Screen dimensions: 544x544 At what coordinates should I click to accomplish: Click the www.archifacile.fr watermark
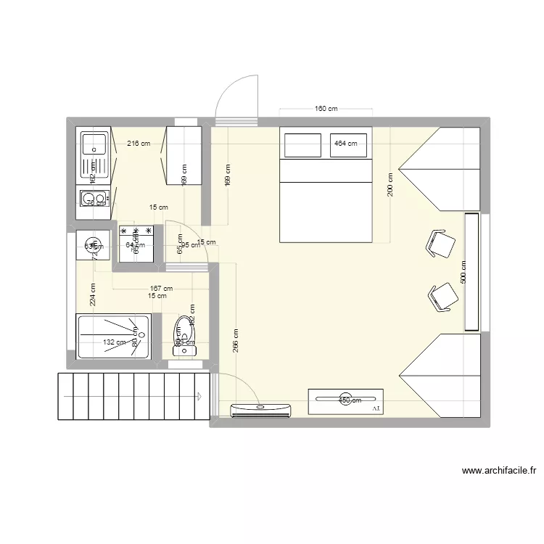pos(498,471)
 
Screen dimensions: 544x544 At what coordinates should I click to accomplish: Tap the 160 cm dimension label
pos(326,109)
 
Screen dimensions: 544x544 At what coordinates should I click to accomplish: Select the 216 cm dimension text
pos(139,143)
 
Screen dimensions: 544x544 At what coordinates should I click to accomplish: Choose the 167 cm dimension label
pos(151,288)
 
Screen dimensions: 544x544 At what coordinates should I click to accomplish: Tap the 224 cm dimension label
pos(92,295)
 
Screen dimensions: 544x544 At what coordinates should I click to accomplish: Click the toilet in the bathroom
pos(184,336)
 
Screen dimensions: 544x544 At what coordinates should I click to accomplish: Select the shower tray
pos(113,336)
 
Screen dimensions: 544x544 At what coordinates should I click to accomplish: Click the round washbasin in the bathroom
pos(92,244)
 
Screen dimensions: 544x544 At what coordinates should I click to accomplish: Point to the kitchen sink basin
pos(94,144)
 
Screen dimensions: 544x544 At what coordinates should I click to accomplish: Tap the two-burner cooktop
pos(93,198)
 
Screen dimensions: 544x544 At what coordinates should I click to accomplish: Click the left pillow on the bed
pos(302,145)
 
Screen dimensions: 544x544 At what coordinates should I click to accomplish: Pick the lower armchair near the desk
pos(442,297)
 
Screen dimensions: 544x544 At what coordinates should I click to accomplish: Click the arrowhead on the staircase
pos(199,396)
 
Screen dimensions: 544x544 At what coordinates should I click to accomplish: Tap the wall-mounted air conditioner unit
pos(260,410)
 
